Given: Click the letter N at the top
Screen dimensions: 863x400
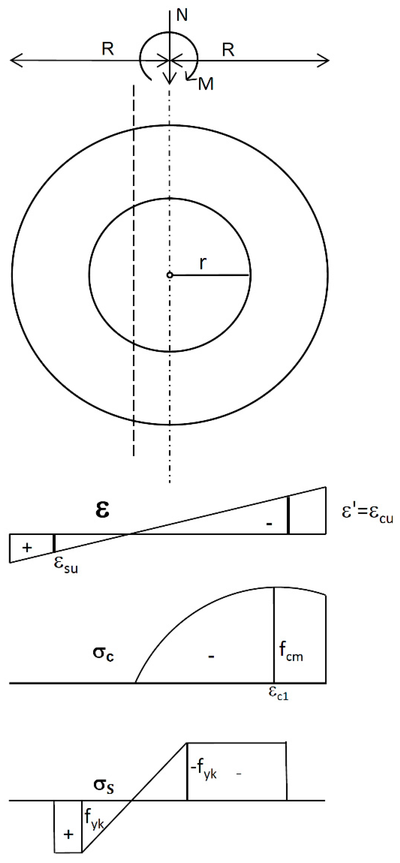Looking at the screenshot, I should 182,15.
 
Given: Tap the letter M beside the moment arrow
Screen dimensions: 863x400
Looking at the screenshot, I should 206,84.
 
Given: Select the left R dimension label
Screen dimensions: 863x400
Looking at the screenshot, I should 108,50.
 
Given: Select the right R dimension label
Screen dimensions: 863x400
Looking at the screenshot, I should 228,50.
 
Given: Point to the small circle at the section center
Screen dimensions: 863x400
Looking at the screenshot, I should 169,275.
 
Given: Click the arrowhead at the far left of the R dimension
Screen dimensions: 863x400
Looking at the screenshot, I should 15,61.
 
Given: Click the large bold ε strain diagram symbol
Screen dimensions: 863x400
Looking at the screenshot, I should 102,510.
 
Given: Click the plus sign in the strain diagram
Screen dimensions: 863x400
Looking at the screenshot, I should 27,548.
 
